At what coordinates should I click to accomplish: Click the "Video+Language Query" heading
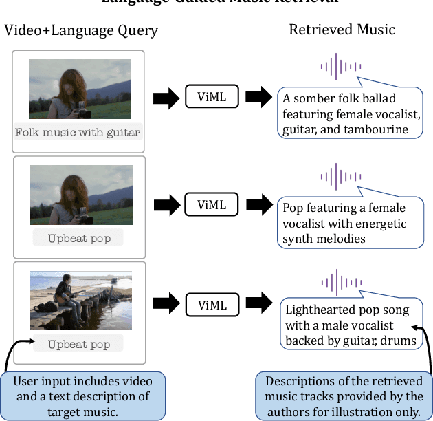coord(81,30)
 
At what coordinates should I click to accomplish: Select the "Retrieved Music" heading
coord(342,30)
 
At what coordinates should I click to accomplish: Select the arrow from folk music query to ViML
coord(164,98)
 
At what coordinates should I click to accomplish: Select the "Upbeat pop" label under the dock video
coord(78,345)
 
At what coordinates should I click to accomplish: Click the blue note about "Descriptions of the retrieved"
coord(344,396)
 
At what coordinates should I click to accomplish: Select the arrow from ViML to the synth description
coord(259,204)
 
